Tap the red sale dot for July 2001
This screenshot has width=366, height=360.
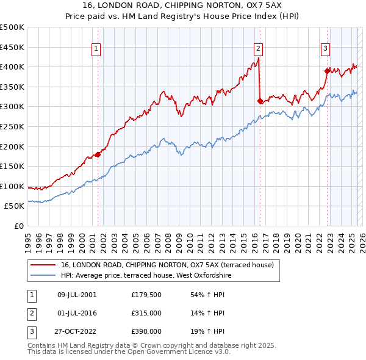click(98, 154)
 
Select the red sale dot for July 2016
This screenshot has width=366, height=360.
click(260, 101)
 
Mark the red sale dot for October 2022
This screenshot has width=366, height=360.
click(328, 71)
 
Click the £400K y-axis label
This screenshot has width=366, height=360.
click(12, 67)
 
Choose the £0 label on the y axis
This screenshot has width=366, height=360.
click(18, 226)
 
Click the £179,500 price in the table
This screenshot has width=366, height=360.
click(146, 295)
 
